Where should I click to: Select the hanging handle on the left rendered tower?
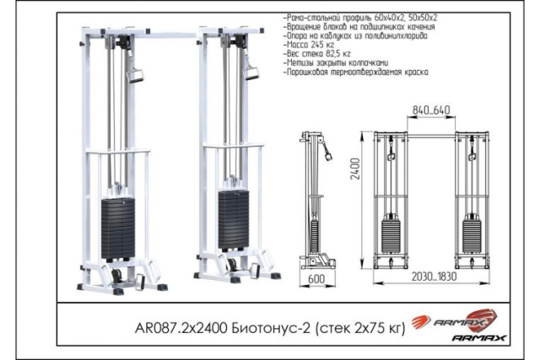tap(132, 75)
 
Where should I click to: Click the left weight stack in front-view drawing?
tap(391, 232)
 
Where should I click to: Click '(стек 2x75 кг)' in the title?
tap(359, 326)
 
